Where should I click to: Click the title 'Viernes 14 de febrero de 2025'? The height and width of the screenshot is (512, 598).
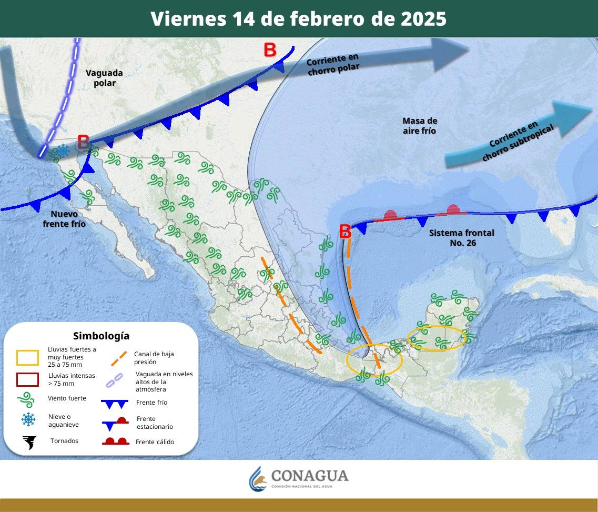click(x=298, y=18)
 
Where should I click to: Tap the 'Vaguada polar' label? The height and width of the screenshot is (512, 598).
click(x=104, y=77)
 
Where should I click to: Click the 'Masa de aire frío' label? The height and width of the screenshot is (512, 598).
click(x=420, y=126)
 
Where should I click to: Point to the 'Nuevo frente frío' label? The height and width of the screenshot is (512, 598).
click(x=64, y=218)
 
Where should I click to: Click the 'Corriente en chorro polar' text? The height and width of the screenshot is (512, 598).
click(x=333, y=64)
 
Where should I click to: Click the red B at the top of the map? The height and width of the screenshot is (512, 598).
click(x=270, y=50)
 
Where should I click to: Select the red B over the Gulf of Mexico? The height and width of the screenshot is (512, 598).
click(x=345, y=231)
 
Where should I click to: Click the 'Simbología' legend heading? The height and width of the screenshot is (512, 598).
click(x=101, y=336)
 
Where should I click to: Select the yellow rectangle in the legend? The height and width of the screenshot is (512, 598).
click(x=28, y=358)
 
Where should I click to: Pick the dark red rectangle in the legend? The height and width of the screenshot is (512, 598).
click(x=28, y=379)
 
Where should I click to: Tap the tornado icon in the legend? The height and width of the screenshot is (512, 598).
click(x=29, y=441)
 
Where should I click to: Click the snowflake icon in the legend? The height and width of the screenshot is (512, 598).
click(x=28, y=419)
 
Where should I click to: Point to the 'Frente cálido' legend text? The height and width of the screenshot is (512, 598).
click(x=155, y=442)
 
